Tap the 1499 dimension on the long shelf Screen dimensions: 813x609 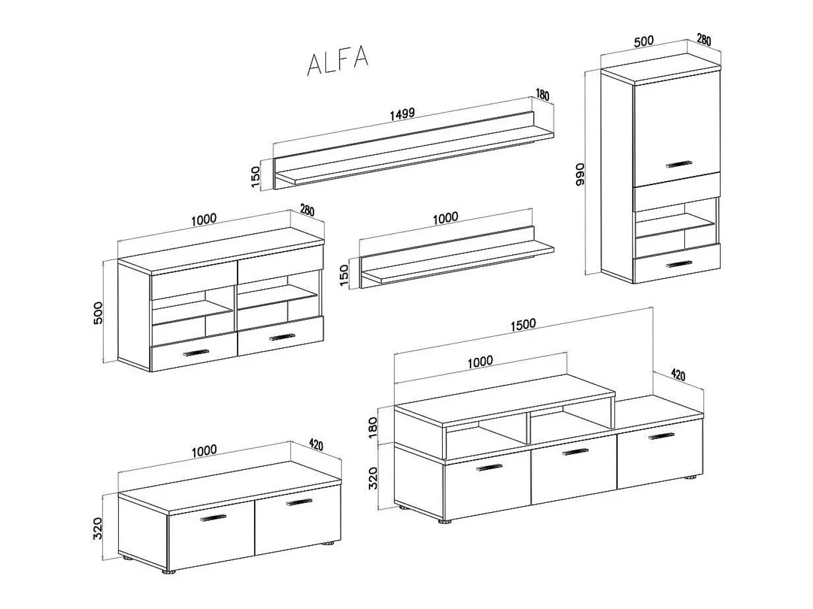tap(402, 113)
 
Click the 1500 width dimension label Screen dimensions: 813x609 tap(523, 324)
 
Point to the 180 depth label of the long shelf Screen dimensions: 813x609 tap(542, 95)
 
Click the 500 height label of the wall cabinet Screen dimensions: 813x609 tap(98, 312)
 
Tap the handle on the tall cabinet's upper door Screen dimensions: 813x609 tap(679, 164)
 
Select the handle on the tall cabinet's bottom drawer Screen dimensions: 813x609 tap(679, 264)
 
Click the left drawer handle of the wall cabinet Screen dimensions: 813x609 tap(196, 353)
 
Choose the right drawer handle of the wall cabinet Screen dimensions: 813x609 tap(282, 337)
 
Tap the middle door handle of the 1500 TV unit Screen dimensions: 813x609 tap(575, 451)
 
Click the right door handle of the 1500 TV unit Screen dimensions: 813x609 tap(662, 436)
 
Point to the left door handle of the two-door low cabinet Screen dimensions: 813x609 tap(213, 517)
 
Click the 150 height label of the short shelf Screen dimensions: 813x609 tap(344, 276)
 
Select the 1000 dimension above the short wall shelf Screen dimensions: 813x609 tap(446, 218)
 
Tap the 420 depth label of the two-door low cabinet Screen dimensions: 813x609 tap(316, 445)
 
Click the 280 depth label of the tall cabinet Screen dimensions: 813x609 tap(704, 40)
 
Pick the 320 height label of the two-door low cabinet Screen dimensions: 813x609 tap(97, 528)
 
